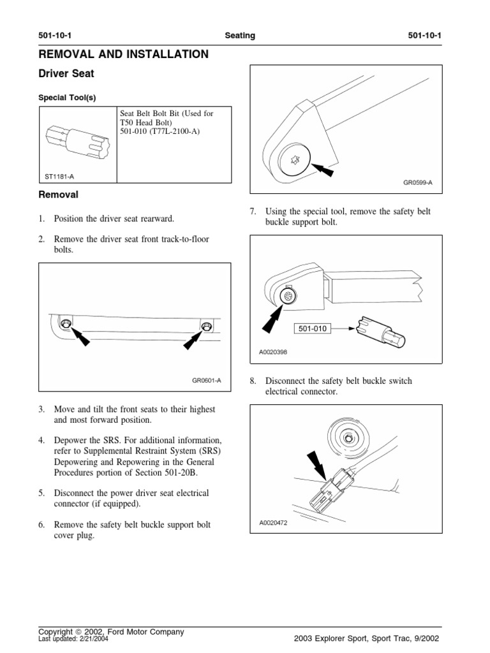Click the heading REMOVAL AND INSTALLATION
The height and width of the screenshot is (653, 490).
tap(124, 55)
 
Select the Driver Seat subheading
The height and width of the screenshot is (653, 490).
tap(66, 74)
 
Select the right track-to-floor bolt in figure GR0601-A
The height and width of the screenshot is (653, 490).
tap(206, 326)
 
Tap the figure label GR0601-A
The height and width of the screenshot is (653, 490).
tap(206, 381)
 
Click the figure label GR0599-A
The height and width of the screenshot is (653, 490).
tap(418, 182)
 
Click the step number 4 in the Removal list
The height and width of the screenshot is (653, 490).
tap(41, 440)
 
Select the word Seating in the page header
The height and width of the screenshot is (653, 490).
tap(240, 36)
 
